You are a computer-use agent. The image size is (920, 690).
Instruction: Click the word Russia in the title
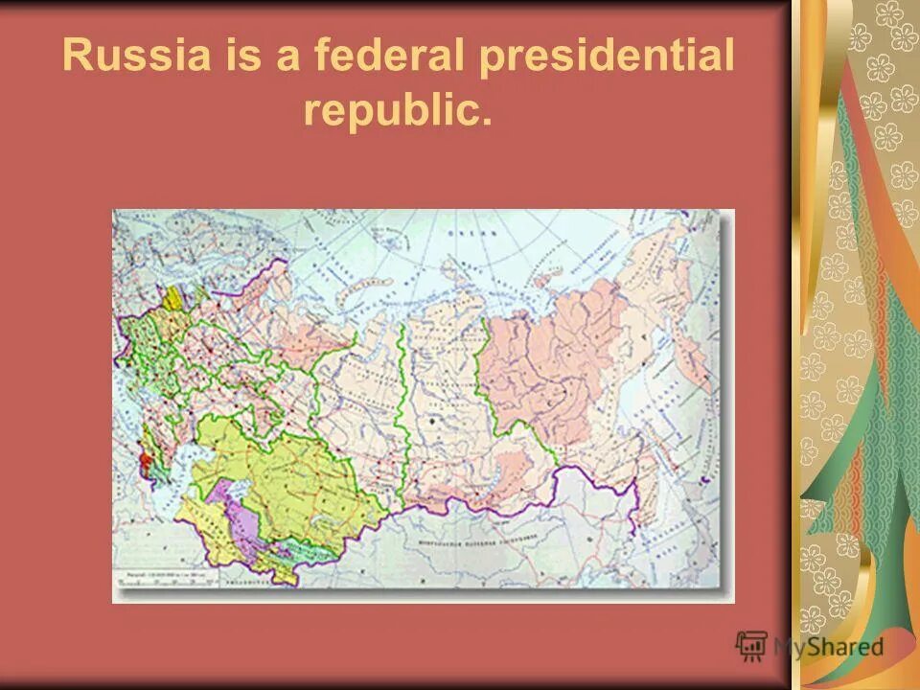tap(135, 57)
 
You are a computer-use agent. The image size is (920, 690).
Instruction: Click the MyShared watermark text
tap(829, 647)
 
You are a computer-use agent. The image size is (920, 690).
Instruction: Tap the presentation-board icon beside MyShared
tap(751, 646)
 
